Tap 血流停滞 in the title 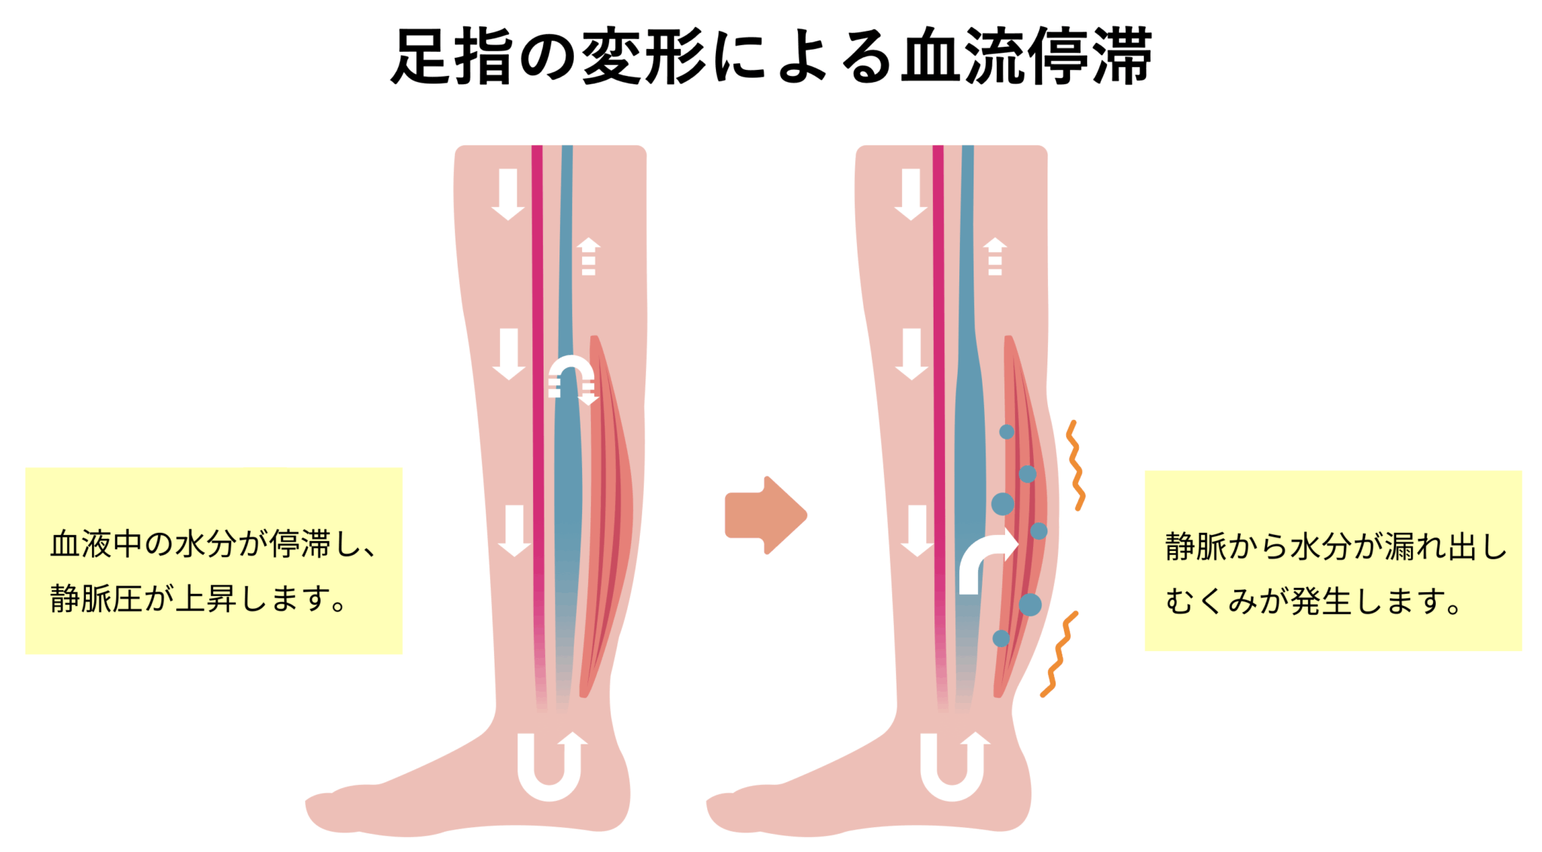(1026, 56)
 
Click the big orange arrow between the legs (766, 516)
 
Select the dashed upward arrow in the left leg (589, 257)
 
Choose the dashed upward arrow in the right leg (995, 257)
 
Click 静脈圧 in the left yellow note (96, 599)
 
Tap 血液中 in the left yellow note (96, 544)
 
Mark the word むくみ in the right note (1211, 601)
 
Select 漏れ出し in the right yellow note (1446, 546)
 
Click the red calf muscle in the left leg (607, 516)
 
